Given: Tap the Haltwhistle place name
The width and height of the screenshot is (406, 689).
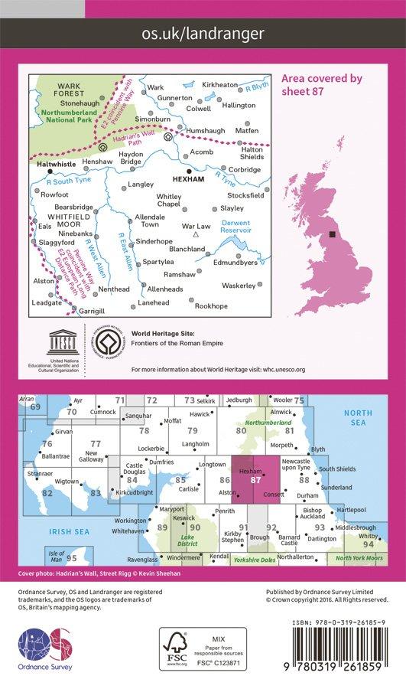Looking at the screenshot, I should point(55,162).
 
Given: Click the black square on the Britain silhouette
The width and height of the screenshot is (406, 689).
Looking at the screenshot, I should point(332,235).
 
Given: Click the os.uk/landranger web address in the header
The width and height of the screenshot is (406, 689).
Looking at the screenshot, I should point(203,34).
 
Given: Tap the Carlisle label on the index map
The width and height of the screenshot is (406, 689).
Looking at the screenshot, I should point(189,488).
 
